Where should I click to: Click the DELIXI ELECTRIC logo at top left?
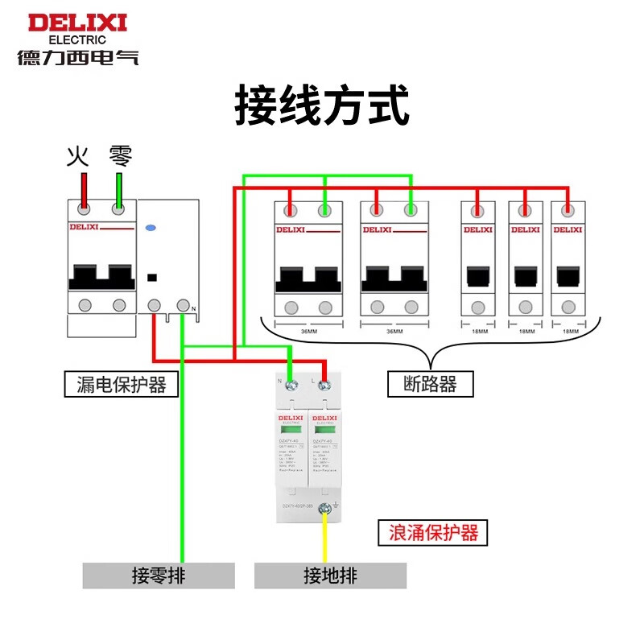click(77, 37)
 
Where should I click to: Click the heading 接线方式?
click(322, 106)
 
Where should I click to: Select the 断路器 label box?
click(430, 384)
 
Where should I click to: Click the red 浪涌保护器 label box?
click(433, 532)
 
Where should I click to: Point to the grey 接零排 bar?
click(159, 576)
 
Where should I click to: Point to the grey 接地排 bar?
click(330, 576)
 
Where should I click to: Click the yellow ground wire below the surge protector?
click(325, 539)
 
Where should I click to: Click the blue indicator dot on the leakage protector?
click(150, 229)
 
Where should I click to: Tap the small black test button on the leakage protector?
click(152, 278)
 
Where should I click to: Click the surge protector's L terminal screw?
click(324, 386)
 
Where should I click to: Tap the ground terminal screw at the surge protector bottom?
click(325, 509)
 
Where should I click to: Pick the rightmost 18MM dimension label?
click(568, 331)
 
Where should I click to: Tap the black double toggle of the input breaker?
click(101, 275)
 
